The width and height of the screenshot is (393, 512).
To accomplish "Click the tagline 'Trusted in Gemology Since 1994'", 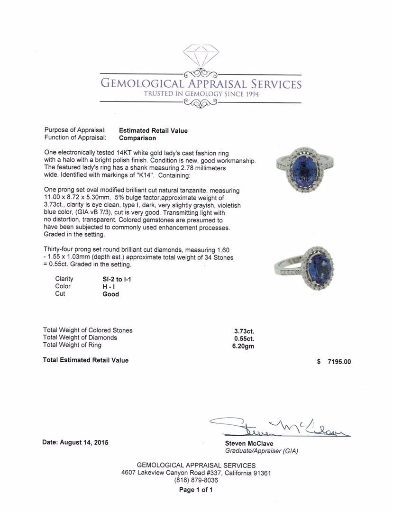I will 201,94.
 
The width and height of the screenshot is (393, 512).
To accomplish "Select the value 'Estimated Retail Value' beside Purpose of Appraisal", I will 153,131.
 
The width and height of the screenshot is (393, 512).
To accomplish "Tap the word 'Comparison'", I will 137,138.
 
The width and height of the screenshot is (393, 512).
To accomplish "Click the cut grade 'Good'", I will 110,294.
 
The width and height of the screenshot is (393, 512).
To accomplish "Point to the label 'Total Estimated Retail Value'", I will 85,360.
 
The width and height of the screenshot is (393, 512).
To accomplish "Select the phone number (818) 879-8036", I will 196,480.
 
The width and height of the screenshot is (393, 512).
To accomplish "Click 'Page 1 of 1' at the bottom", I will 196,490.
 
